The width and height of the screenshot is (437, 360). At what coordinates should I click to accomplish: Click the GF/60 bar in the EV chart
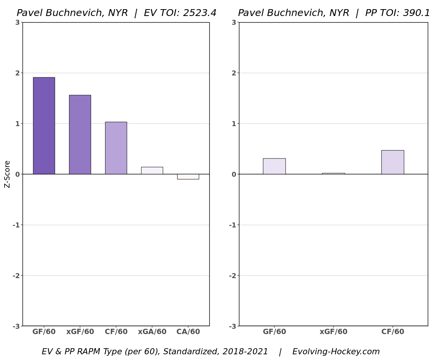click(x=44, y=126)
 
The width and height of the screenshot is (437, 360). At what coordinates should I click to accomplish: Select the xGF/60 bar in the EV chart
click(x=80, y=134)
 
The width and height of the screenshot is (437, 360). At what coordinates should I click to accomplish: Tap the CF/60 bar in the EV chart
click(x=116, y=148)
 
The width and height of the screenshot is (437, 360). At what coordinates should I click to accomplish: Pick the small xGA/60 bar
click(x=152, y=171)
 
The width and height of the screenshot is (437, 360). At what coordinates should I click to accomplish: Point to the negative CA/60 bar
click(x=188, y=176)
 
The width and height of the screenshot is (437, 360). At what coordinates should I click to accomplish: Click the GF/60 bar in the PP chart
click(x=274, y=166)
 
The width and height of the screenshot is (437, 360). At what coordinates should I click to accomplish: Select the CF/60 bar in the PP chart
click(x=392, y=162)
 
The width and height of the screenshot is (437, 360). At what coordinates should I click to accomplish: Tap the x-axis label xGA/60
click(x=152, y=332)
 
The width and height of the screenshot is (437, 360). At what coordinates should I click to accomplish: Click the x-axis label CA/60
click(x=188, y=332)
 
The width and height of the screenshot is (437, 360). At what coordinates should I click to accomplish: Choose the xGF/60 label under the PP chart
click(x=333, y=332)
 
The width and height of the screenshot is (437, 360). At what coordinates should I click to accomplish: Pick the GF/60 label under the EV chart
click(x=44, y=332)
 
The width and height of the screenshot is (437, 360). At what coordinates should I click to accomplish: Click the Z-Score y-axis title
click(x=7, y=174)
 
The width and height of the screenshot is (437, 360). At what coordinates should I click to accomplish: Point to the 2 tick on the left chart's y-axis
click(x=18, y=73)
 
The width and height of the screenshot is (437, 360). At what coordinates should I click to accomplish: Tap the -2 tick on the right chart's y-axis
click(x=232, y=275)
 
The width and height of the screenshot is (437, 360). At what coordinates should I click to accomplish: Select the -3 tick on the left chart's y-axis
click(x=16, y=326)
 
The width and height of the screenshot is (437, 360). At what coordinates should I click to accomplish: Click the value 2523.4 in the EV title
click(x=199, y=13)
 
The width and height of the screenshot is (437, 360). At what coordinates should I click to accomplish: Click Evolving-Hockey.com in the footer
click(x=336, y=352)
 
